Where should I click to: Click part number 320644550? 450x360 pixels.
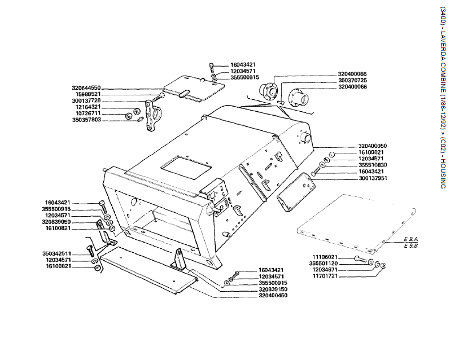click(x=86, y=88)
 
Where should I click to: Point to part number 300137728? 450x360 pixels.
click(x=86, y=100)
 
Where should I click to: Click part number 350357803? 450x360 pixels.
click(x=86, y=120)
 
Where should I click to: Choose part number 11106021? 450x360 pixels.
click(x=326, y=257)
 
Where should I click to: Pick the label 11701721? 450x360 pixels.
click(x=326, y=276)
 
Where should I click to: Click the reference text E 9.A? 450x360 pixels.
click(x=410, y=240)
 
